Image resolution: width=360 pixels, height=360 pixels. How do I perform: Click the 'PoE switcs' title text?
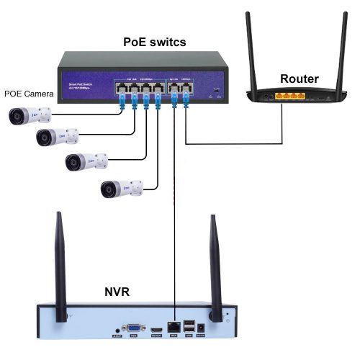coord(155,42)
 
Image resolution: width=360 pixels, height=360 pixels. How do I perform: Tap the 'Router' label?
coord(299,78)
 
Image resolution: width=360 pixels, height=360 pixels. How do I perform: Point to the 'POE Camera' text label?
coord(28,93)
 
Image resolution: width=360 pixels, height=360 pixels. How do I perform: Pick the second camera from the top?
coord(57,137)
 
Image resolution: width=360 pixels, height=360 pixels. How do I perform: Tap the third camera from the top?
coord(86,162)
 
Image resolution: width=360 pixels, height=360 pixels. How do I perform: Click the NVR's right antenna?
coord(214,266)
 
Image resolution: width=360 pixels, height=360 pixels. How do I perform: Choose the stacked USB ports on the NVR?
coord(189,325)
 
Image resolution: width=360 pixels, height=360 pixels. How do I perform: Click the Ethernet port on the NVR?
coord(174,326)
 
